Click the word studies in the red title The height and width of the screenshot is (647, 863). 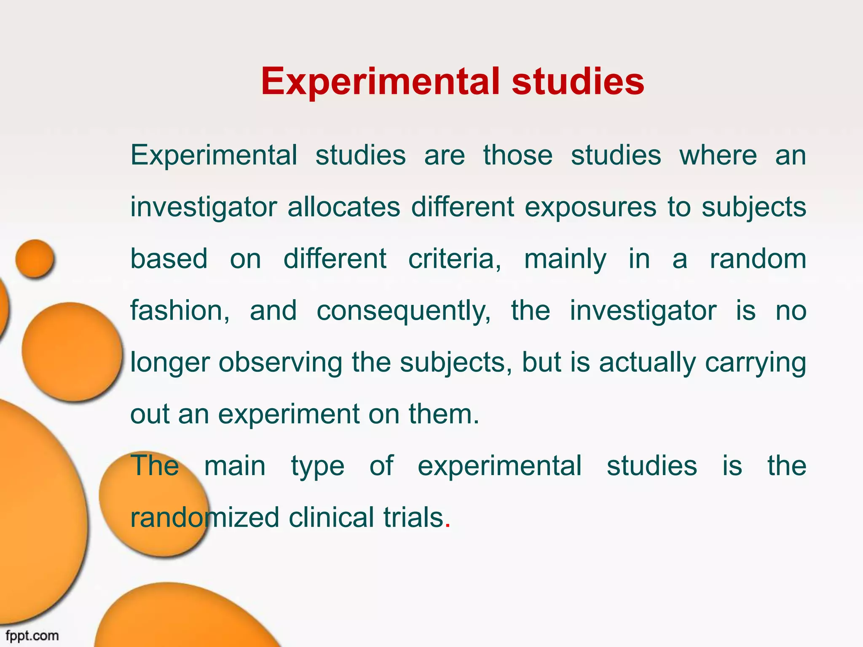[x=578, y=81]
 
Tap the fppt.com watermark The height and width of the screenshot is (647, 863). [x=32, y=635]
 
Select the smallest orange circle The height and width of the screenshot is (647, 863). [x=35, y=259]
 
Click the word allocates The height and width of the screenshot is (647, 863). [x=343, y=207]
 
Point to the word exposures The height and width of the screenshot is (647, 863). [x=590, y=208]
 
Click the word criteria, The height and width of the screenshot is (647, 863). [x=455, y=259]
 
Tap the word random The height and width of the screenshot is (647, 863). [x=758, y=259]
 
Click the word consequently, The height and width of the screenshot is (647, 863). [x=404, y=312]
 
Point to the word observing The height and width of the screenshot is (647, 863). [x=280, y=362]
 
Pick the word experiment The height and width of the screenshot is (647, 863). [x=289, y=414]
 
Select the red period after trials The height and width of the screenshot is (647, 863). [x=448, y=526]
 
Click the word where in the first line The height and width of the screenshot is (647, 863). [x=718, y=155]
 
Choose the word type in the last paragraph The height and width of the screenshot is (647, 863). [x=318, y=467]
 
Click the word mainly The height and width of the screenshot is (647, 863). [x=565, y=259]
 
